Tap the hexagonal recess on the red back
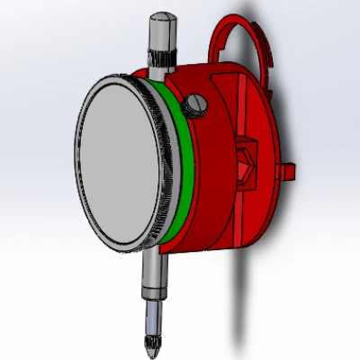pos(246,163)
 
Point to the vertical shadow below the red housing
pos(238,297)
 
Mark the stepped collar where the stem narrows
pos(154,296)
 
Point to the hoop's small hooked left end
pos(215,40)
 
